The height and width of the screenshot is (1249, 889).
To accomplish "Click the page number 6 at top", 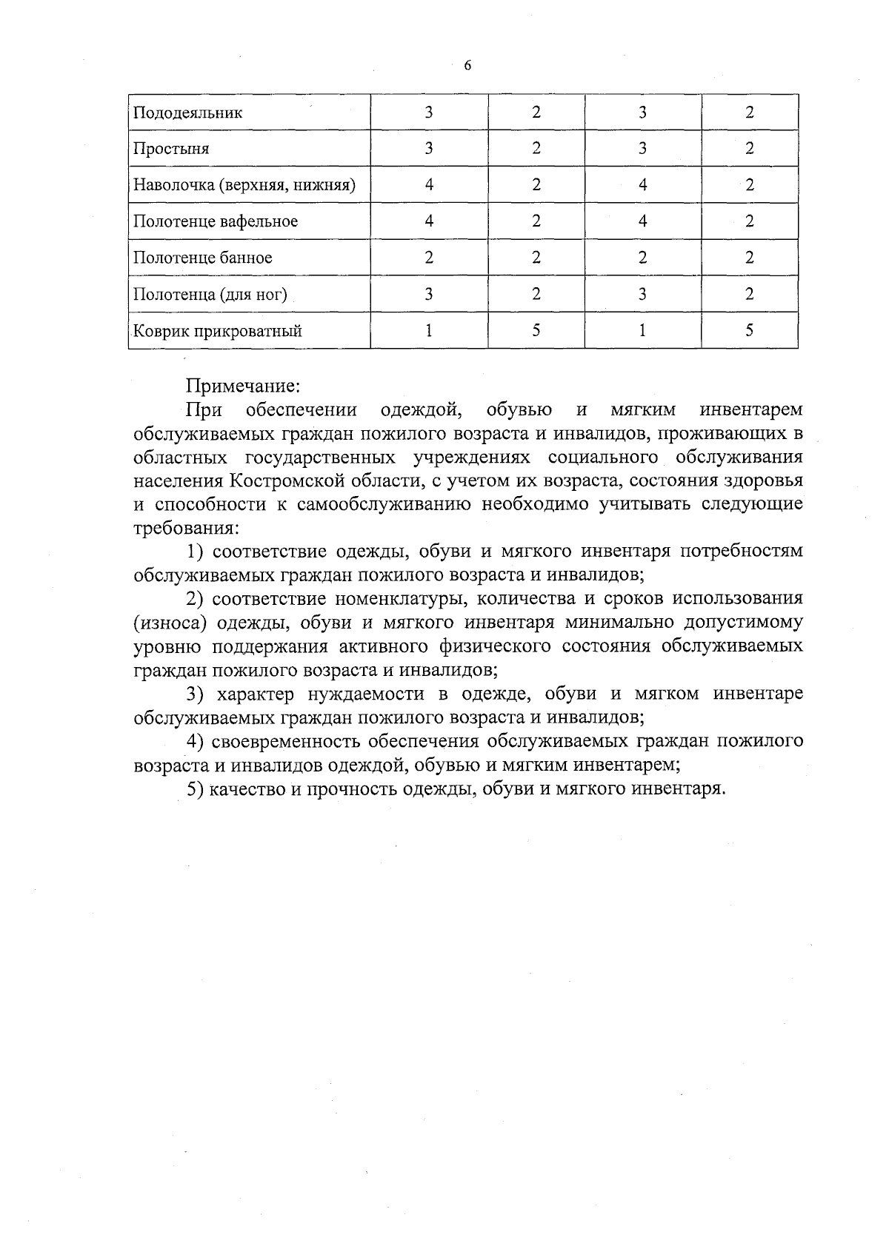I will point(467,66).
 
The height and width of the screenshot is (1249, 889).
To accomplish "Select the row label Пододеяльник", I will point(187,113).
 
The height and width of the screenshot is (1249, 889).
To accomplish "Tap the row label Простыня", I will point(171,149).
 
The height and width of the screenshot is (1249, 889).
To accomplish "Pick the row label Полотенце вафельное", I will point(216,221).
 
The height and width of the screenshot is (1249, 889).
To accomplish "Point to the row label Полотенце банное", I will point(203,258).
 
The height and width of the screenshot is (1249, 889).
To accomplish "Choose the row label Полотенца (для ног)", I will point(210,295).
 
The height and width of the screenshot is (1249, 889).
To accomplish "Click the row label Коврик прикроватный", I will point(218,331).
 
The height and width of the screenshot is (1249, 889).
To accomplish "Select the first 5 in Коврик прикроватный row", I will point(536,331).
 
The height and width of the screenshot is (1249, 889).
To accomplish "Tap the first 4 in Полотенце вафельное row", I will point(429,221).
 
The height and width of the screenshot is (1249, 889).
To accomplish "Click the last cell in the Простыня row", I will point(750,149).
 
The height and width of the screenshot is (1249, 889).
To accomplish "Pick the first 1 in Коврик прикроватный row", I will point(429,331).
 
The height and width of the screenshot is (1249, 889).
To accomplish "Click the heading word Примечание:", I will point(242,386).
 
